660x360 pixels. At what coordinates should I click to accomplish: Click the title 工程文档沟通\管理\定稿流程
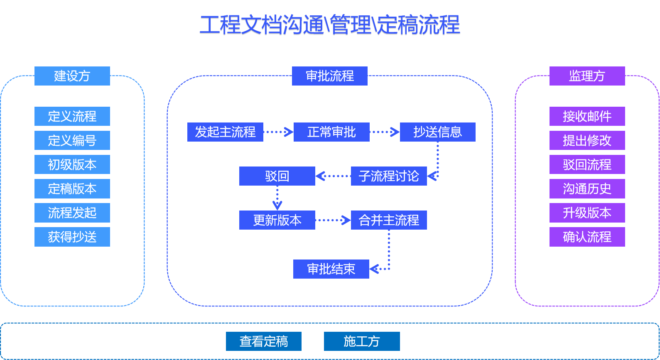(x=330, y=25)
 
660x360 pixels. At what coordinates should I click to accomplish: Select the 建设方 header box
(x=72, y=76)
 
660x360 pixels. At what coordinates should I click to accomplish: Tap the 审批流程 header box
(x=329, y=76)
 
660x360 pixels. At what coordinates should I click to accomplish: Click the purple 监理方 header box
(x=587, y=76)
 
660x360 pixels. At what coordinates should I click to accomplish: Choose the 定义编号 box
(x=72, y=140)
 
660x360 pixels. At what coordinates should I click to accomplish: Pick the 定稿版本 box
(x=72, y=189)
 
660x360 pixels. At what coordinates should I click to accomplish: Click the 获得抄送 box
(x=72, y=237)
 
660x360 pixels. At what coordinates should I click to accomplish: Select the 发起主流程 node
(x=225, y=132)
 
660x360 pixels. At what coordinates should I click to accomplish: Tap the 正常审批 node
(x=331, y=132)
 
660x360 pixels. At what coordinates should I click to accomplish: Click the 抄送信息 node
(x=437, y=132)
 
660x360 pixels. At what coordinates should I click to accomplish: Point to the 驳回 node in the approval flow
(x=277, y=176)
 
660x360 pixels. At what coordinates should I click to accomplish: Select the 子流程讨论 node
(x=389, y=176)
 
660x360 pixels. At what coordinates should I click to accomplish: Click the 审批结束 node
(x=331, y=269)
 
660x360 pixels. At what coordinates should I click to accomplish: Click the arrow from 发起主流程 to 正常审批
(x=278, y=132)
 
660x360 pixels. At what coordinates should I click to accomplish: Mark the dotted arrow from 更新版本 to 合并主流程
(x=333, y=220)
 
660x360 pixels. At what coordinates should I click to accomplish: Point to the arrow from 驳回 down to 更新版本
(x=277, y=198)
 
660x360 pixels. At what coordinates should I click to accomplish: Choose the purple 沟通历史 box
(x=587, y=189)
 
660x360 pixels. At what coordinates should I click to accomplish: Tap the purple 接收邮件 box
(x=587, y=116)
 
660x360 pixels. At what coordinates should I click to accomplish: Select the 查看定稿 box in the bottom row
(x=264, y=341)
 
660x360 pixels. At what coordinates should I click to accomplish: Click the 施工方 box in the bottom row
(x=362, y=341)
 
